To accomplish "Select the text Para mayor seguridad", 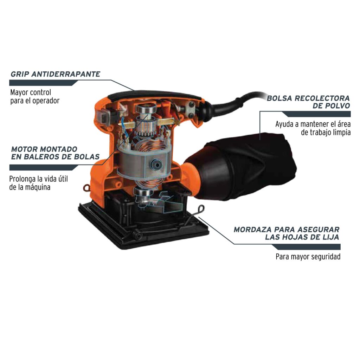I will point(308,257).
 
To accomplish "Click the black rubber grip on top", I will point(155,93).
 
